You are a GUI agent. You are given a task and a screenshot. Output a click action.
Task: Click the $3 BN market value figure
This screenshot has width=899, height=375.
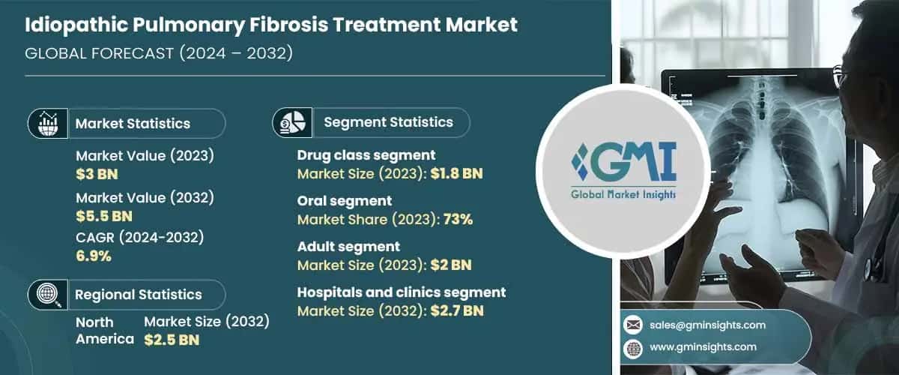(x=97, y=175)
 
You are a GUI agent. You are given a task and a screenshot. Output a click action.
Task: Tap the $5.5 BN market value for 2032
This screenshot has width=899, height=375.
(x=104, y=216)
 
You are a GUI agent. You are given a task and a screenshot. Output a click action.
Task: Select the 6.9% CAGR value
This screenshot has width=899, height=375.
(x=94, y=256)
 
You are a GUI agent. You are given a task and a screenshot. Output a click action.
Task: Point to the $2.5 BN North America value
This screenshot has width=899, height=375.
(x=172, y=339)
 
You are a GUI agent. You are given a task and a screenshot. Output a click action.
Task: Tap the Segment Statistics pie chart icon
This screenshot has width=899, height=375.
(x=292, y=121)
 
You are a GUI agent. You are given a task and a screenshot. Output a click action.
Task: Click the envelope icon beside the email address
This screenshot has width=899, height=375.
(x=633, y=325)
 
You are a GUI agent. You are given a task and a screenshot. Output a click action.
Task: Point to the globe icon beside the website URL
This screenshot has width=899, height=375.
(x=633, y=346)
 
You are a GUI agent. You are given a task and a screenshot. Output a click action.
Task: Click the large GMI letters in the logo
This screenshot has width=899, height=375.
(x=632, y=161)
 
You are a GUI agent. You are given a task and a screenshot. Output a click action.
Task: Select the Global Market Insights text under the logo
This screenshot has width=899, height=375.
(x=623, y=194)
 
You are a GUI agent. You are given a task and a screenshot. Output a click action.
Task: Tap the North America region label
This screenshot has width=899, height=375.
(x=95, y=330)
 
